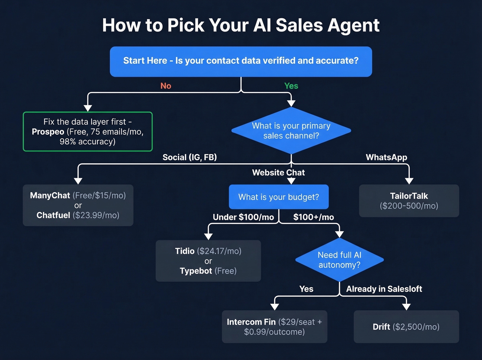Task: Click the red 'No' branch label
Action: click(166, 86)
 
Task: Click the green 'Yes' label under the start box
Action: click(291, 86)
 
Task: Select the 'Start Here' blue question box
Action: click(241, 61)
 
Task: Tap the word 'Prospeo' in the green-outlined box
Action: click(48, 132)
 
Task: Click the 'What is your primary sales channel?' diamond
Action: click(291, 131)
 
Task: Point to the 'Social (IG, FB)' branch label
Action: click(189, 157)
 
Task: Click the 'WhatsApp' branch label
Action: click(386, 157)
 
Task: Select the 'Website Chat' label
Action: click(278, 173)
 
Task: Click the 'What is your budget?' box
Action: click(279, 197)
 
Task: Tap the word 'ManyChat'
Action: click(50, 196)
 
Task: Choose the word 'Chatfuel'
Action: click(53, 215)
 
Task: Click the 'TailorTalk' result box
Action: click(409, 201)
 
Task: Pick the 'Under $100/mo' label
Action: click(243, 217)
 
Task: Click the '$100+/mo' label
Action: click(313, 217)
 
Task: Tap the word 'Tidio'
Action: click(185, 251)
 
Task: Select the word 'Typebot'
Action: click(196, 271)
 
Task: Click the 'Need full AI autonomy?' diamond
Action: click(339, 260)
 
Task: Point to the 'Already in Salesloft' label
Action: click(384, 289)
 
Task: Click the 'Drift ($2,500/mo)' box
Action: click(406, 327)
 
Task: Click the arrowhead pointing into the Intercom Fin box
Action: click(274, 307)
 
